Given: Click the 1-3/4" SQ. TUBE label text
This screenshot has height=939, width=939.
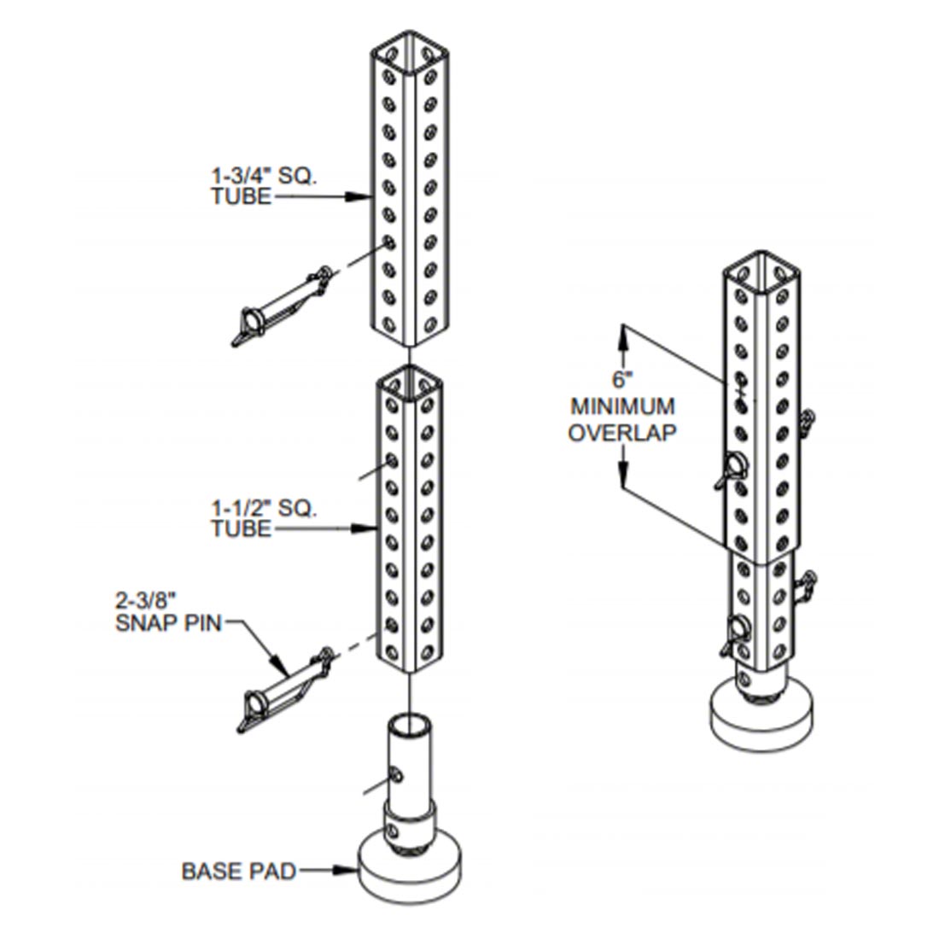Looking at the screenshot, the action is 264,186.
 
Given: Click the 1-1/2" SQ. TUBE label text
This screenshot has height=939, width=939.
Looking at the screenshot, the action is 264,519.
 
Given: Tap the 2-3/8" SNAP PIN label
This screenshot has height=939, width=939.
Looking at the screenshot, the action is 168,612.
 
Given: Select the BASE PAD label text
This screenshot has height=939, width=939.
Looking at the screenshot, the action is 238,872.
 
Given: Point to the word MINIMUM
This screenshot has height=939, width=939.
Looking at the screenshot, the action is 622,406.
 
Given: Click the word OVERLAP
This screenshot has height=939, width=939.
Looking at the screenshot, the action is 622,433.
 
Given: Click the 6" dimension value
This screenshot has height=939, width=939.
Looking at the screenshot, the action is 622,380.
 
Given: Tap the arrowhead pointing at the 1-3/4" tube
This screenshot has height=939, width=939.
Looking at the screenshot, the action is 358,196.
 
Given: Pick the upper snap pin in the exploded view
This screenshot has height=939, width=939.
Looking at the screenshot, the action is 282,306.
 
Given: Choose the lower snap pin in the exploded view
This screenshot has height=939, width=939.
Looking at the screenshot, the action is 284,690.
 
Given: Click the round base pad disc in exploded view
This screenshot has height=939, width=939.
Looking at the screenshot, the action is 410,869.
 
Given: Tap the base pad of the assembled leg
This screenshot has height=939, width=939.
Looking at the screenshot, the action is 761,715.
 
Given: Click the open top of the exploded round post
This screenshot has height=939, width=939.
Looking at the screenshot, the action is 411,724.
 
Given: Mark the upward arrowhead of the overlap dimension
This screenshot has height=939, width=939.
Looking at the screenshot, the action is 623,336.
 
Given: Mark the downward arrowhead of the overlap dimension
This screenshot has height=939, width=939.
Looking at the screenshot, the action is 623,475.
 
